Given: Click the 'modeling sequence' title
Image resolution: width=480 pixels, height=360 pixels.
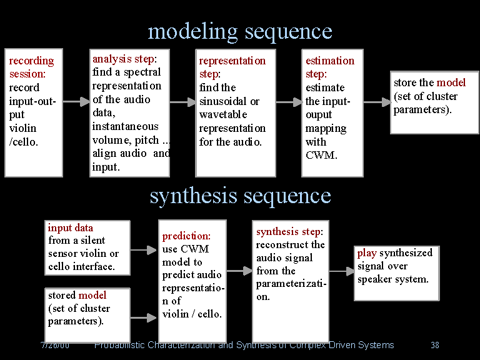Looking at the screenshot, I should coord(240,31).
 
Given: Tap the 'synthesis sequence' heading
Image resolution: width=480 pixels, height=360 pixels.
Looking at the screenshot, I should coord(240,196).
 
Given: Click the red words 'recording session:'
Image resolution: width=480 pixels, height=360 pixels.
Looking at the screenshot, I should coord(31,67).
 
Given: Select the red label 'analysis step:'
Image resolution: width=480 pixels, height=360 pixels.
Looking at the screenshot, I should coord(124,59).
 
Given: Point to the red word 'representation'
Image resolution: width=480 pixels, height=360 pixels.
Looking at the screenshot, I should coord(232,61).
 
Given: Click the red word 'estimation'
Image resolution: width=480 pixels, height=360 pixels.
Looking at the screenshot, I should coord(329,61).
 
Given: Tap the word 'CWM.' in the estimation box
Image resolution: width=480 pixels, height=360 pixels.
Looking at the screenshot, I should coord(321,155).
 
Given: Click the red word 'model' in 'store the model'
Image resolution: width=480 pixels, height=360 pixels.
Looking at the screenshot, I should coord(451,82).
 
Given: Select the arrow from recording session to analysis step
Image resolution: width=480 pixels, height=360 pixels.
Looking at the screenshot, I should coord(76,102).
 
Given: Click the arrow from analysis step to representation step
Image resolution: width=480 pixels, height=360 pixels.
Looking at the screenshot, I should coord(182,102).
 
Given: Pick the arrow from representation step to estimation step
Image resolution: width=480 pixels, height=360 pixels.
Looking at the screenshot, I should coord(289,102).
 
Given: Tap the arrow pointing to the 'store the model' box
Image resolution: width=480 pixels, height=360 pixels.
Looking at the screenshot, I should coord(377,102).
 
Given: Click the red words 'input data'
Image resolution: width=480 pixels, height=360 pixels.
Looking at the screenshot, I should coord(70,227).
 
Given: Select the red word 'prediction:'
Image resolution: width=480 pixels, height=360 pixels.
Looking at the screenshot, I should coord(186,236).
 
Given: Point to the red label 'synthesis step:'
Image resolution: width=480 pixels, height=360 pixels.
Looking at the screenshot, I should coord(289,232).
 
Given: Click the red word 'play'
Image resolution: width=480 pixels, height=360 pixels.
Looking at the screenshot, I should coord(367,253).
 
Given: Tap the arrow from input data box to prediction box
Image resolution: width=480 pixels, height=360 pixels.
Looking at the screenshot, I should coord(144,250).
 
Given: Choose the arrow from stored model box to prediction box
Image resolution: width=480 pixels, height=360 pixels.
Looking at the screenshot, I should coord(144,317).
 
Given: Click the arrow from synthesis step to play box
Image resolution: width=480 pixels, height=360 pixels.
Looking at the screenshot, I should coord(341,271).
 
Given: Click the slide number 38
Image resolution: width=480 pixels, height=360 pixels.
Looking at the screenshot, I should coord(435,345).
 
